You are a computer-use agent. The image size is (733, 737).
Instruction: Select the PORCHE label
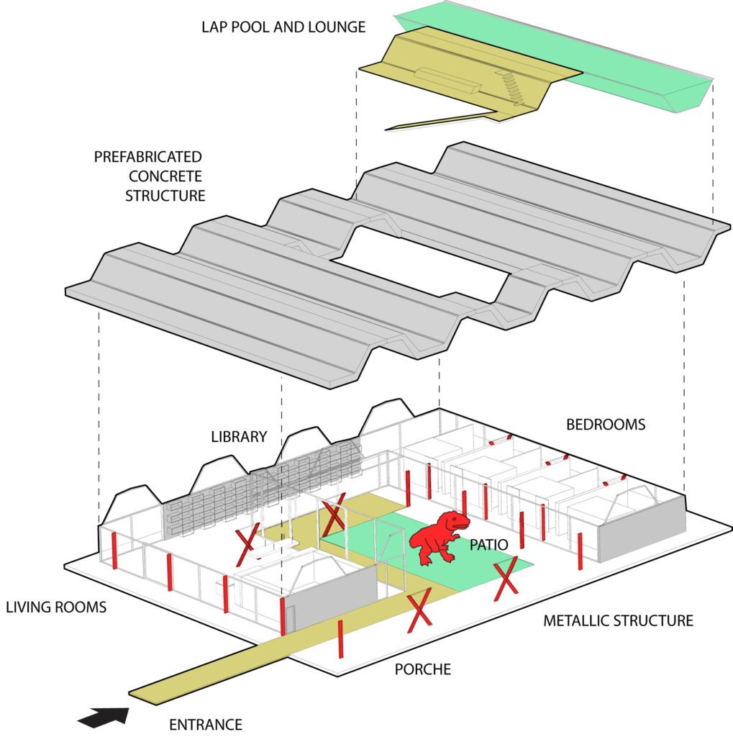coord(423,669)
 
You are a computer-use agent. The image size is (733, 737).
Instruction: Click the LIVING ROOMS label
coord(56,607)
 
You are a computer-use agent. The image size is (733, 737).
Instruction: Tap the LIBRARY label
coord(239,437)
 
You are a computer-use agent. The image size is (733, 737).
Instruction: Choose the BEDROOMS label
coord(606,425)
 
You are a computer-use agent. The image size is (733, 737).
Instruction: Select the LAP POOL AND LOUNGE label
coord(283,27)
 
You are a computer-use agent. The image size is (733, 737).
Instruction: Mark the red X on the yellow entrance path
coord(419,612)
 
